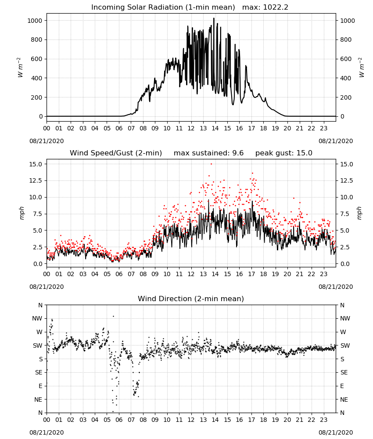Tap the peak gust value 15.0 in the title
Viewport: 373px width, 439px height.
tap(304, 153)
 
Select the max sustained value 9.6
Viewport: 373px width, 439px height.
tap(238, 153)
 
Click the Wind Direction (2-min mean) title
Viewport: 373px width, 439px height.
tap(191, 299)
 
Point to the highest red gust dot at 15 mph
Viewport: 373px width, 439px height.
tap(211, 164)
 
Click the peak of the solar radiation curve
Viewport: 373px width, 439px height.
tap(214, 18)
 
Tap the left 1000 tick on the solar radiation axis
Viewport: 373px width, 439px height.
tap(35, 21)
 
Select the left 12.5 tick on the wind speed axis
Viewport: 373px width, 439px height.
tap(36, 180)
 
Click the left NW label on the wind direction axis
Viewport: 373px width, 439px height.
tap(37, 318)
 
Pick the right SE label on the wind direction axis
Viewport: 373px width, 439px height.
tap(344, 372)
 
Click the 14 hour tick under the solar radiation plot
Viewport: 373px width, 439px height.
tap(215, 128)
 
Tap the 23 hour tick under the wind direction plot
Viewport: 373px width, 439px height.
tap(323, 419)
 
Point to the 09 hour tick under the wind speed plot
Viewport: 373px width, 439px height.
tap(155, 274)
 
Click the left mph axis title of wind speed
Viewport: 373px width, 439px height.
tap(22, 213)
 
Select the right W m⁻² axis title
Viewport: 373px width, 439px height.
tap(361, 68)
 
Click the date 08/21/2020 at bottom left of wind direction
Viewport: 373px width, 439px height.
tap(47, 432)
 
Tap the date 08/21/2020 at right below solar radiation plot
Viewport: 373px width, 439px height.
tap(336, 141)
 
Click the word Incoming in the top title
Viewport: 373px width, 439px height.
tap(105, 7)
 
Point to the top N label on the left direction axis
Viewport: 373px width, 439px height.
tap(40, 305)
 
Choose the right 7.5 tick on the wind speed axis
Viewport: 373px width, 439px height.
tap(344, 214)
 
